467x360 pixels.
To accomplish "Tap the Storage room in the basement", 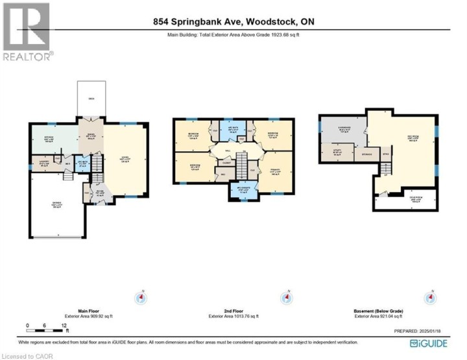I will pyautogui.click(x=366, y=154).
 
